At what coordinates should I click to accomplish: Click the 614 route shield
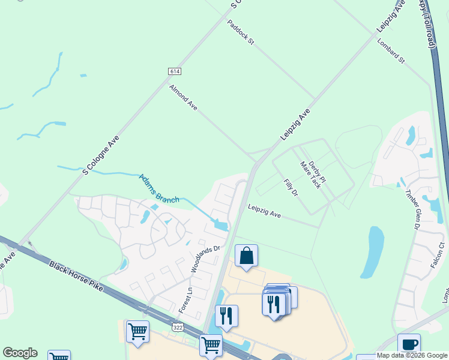(x=174, y=71)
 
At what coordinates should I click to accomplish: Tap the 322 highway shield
(x=178, y=328)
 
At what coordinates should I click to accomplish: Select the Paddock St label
(x=241, y=32)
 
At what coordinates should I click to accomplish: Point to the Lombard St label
(x=391, y=52)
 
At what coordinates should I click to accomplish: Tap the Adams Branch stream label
(x=159, y=188)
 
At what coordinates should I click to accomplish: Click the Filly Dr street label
(x=291, y=187)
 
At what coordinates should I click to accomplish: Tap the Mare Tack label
(x=310, y=175)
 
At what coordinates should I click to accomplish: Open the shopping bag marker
(x=246, y=256)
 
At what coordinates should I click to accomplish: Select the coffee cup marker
(x=409, y=345)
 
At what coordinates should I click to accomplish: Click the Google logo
(x=20, y=353)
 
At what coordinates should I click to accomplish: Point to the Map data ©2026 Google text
(x=412, y=355)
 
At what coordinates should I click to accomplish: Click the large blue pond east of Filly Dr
(x=373, y=252)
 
